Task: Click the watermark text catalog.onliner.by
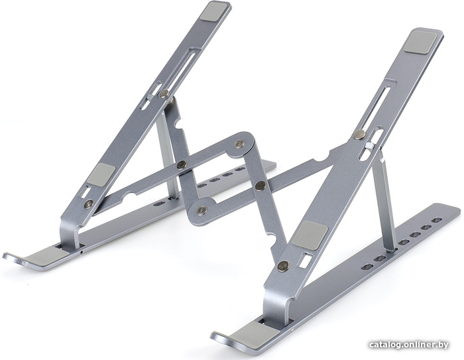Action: pos(409,345)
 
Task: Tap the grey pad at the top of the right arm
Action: pos(420,42)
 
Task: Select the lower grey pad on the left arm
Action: pos(101,174)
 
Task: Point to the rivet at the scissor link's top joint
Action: pos(239,144)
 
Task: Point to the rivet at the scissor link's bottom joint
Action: pos(202,210)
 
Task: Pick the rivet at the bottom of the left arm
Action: pos(88,203)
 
